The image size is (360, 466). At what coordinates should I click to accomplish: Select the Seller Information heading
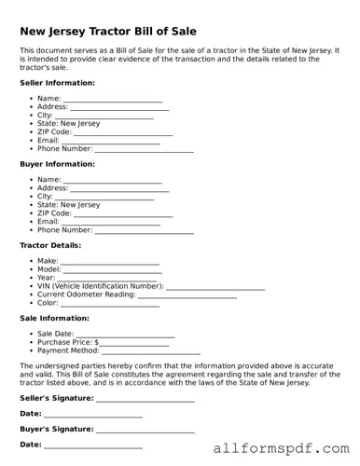coord(57,83)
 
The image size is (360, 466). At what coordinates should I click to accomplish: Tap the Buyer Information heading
coord(57,164)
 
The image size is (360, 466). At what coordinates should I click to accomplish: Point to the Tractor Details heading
coord(50,245)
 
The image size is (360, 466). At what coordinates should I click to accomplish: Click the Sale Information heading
coord(54,318)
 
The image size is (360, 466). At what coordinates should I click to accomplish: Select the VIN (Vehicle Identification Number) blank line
coord(215,288)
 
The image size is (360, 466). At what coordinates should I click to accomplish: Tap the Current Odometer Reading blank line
coord(187,296)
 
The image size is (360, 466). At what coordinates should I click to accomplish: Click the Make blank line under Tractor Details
coord(110,263)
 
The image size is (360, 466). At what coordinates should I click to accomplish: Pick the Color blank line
coord(110,305)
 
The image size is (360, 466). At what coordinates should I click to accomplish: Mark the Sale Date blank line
coord(125,336)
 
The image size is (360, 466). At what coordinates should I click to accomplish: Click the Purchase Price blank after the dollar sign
coord(122,344)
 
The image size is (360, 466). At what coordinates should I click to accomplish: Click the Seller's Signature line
coord(145,400)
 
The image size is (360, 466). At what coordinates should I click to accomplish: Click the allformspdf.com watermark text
coord(280,450)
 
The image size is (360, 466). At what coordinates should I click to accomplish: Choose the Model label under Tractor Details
coord(48,269)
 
